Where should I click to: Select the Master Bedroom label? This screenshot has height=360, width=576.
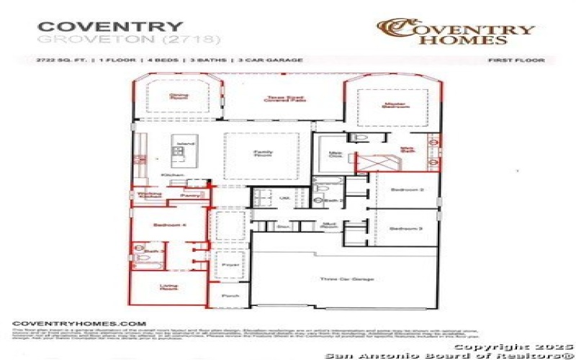391,104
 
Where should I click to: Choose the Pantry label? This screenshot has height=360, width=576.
190,195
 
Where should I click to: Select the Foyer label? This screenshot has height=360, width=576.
230,265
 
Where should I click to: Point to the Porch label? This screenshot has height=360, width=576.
230,295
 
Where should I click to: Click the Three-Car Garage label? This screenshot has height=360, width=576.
341,279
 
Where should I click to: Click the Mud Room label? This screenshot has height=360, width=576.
330,225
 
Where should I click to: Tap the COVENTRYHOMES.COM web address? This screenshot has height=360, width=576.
80,324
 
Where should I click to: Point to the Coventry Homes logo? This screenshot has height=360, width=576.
456,30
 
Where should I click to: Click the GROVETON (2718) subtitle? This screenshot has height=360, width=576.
129,38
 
